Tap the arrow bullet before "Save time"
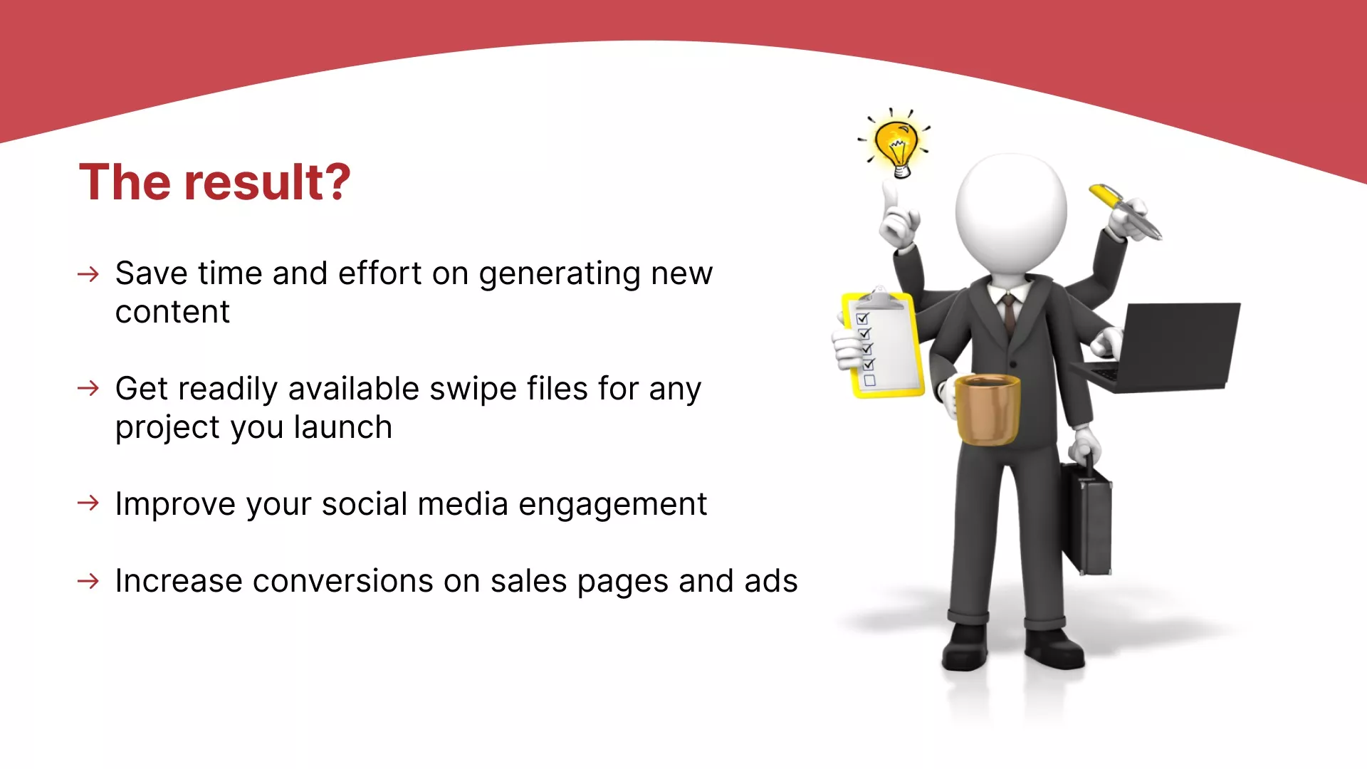[88, 274]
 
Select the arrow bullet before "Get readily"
[88, 388]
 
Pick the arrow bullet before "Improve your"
[88, 503]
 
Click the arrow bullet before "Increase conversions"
[88, 581]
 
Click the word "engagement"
[613, 505]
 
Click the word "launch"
[343, 427]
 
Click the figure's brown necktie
[1009, 315]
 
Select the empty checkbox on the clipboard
[869, 381]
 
